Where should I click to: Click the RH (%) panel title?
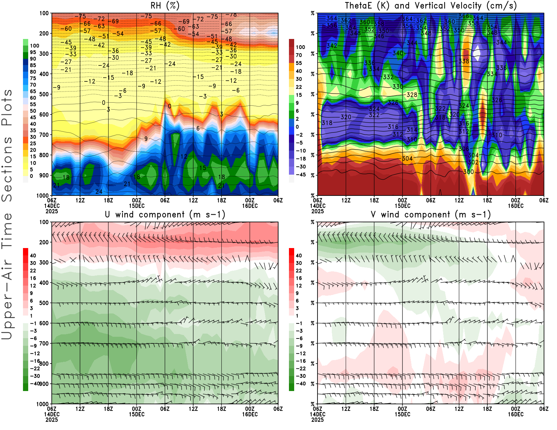[x=165, y=6]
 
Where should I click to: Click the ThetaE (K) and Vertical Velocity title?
[x=431, y=6]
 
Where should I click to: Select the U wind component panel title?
[x=165, y=214]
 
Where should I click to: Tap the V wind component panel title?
[x=431, y=214]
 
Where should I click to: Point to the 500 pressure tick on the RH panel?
[x=44, y=94]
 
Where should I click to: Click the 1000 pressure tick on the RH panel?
[x=42, y=196]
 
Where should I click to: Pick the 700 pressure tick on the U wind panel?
[x=44, y=343]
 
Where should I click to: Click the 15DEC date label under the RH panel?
[x=137, y=206]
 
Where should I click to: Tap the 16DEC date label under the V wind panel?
[x=516, y=414]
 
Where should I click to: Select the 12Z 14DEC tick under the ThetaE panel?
[x=346, y=200]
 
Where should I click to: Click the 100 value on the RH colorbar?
[x=34, y=46]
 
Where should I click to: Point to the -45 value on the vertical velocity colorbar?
[x=301, y=175]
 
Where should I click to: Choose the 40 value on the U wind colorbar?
[x=33, y=255]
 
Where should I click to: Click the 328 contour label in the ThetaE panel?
[x=412, y=95]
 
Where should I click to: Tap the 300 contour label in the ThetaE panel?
[x=469, y=172]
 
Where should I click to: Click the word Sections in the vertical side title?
[x=7, y=169]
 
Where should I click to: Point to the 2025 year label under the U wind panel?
[x=52, y=420]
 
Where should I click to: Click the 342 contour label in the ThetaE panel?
[x=332, y=46]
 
